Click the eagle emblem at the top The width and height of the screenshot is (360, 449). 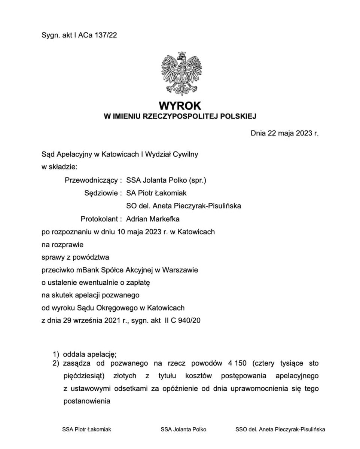coord(181,74)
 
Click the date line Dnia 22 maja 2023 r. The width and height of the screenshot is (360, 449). coord(284,133)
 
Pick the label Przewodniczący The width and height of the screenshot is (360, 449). coord(92,180)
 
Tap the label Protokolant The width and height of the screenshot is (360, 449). coord(100,219)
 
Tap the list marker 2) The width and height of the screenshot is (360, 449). coord(56,363)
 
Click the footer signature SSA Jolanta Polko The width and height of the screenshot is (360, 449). coord(183,430)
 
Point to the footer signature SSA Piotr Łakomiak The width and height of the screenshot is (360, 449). coord(86,430)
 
